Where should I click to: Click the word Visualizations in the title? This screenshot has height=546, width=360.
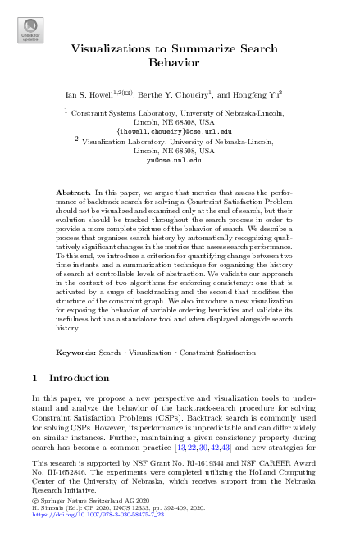tap(121, 48)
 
